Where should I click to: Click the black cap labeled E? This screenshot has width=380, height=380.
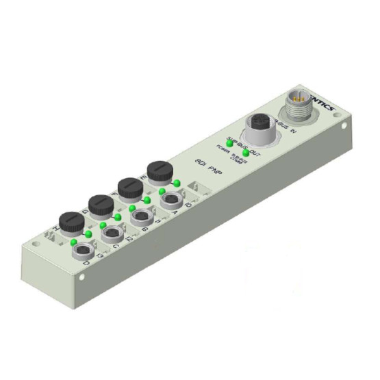point(158,171)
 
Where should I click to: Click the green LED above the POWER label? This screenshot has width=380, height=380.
point(229,143)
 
